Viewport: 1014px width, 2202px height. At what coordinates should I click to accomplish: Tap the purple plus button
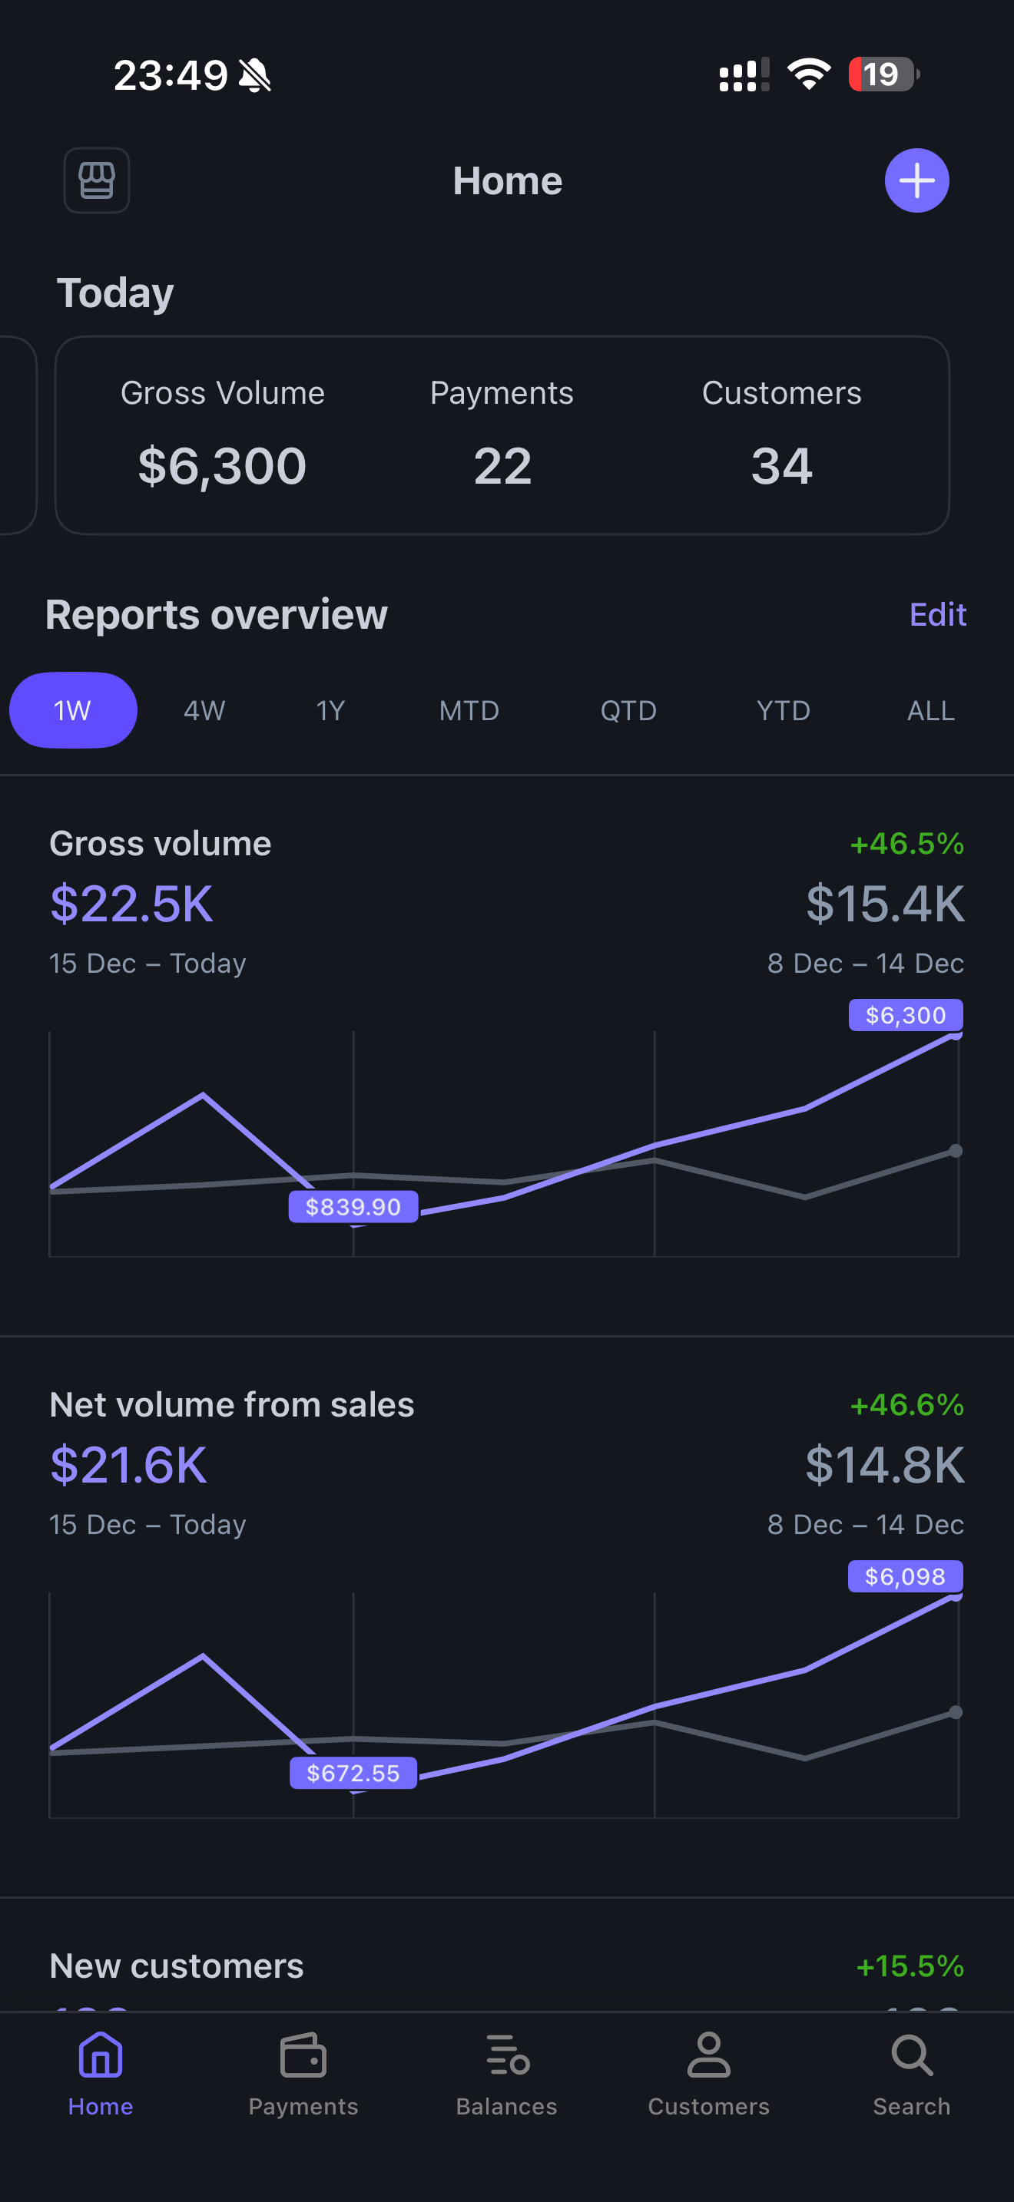click(x=916, y=180)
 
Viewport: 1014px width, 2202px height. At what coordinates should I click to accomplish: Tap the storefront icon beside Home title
click(x=97, y=180)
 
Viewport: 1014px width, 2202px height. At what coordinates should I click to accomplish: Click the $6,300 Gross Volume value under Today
click(x=222, y=466)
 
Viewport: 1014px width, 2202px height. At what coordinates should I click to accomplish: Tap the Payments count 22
click(x=502, y=466)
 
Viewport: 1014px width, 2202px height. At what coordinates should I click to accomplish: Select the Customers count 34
click(x=781, y=466)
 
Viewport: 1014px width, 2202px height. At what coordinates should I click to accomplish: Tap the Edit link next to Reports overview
click(x=937, y=615)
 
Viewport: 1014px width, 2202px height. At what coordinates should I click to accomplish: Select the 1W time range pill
click(x=73, y=710)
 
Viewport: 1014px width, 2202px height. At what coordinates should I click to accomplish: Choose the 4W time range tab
click(x=204, y=710)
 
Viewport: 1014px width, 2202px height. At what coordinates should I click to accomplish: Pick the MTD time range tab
click(x=469, y=710)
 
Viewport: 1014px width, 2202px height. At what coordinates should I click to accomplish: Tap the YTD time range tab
click(x=782, y=710)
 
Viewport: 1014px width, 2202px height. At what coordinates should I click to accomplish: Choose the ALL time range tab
click(x=930, y=710)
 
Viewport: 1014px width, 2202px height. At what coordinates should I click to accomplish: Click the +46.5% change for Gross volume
click(x=906, y=844)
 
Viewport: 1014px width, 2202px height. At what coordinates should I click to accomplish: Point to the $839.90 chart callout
click(x=353, y=1206)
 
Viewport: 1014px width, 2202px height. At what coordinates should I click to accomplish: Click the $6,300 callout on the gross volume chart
click(x=906, y=1015)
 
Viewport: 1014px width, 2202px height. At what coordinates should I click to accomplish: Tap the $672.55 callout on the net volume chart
click(x=353, y=1773)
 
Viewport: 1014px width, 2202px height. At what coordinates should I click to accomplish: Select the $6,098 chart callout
click(x=905, y=1576)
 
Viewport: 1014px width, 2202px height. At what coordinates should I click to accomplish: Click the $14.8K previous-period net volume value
click(x=884, y=1465)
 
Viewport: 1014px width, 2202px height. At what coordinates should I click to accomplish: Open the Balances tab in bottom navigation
click(x=506, y=2074)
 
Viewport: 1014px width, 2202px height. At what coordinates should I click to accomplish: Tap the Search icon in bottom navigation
click(x=911, y=2074)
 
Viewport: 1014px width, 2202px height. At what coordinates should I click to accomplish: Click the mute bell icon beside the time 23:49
click(x=255, y=75)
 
